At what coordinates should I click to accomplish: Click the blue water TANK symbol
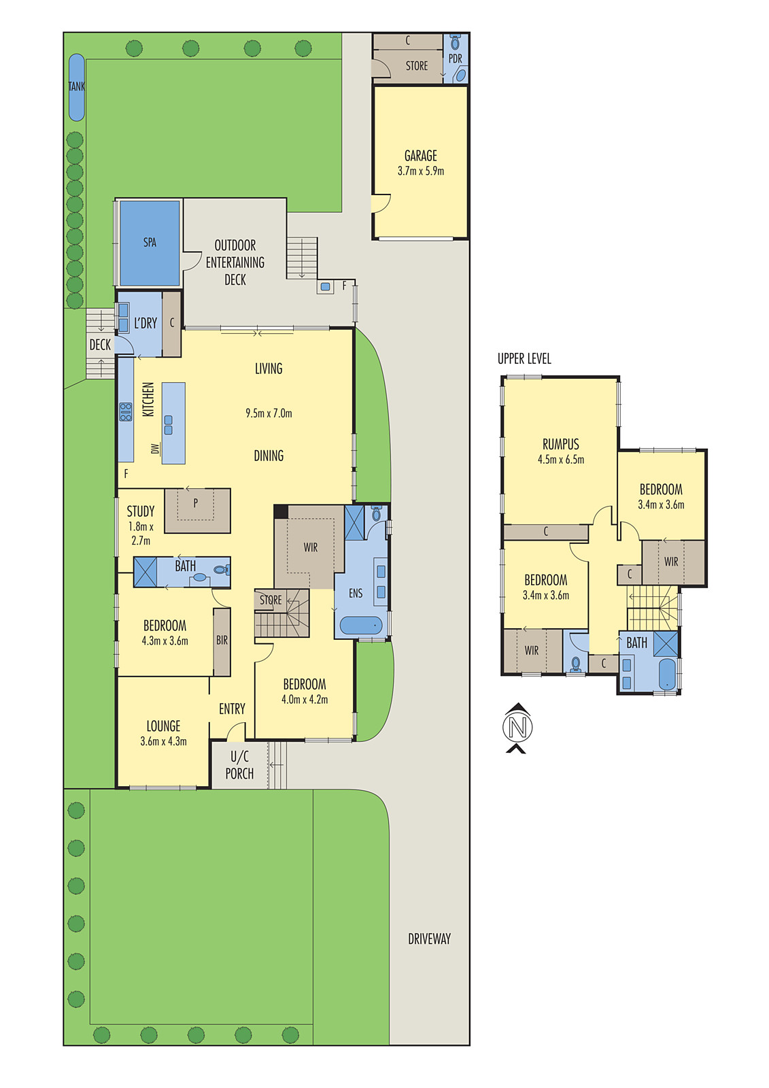click(77, 87)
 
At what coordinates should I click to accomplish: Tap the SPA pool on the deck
click(150, 243)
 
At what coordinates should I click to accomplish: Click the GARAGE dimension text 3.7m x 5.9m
click(421, 171)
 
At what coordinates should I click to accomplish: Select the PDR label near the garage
click(455, 59)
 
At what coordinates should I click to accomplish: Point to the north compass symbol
click(517, 728)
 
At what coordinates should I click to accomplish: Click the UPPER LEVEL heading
click(524, 359)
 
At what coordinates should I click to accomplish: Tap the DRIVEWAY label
click(429, 939)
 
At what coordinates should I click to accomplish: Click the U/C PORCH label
click(239, 765)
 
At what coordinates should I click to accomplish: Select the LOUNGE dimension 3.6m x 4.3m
click(163, 742)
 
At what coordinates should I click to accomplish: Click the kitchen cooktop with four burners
click(126, 412)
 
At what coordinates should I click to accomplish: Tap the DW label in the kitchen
click(155, 449)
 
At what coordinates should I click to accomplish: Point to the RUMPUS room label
click(560, 445)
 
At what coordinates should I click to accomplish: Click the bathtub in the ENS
click(361, 625)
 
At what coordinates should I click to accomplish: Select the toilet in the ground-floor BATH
click(221, 570)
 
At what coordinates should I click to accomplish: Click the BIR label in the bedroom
click(222, 641)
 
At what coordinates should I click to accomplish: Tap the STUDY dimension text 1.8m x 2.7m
click(141, 534)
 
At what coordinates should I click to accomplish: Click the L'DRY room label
click(146, 324)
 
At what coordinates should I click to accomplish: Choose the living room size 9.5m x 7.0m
click(269, 413)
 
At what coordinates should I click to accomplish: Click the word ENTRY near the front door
click(232, 709)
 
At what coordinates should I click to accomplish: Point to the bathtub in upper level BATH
click(667, 674)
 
